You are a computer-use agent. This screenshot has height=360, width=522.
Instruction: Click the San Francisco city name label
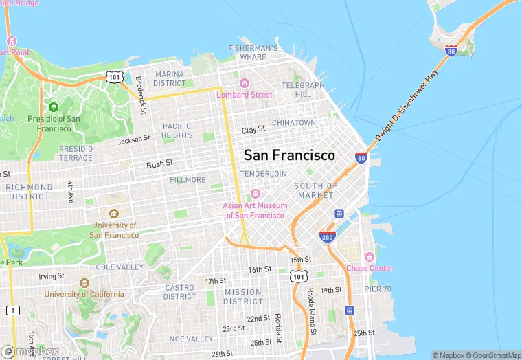point(289,155)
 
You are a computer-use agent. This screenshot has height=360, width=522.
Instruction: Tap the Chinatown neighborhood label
point(294,123)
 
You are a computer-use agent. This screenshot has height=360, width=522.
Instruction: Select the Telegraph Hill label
point(303,89)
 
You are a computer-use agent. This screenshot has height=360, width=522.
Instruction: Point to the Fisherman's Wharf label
point(253,53)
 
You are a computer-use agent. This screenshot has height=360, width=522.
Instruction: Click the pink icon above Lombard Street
point(245,82)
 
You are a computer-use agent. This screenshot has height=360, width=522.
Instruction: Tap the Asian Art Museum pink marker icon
point(255,194)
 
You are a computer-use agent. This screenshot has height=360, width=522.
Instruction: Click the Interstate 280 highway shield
point(328,236)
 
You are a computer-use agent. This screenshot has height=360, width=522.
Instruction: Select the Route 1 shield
point(13,311)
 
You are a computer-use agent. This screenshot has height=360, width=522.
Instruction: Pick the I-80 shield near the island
point(451,51)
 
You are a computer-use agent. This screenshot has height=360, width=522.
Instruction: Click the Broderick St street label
point(142,95)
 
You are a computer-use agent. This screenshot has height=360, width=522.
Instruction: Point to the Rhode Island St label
point(311,312)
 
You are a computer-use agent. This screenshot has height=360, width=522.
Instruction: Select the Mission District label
point(242,296)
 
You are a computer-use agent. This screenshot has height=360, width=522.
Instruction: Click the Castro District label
point(179,292)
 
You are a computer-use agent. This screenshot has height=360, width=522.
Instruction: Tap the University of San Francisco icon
point(113,214)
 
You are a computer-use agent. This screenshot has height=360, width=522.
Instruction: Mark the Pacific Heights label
point(177,131)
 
